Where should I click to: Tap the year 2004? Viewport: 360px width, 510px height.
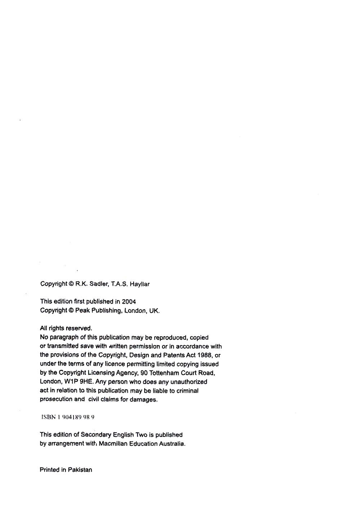pos(129,302)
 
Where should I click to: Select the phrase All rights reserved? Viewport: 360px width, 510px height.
pos(66,328)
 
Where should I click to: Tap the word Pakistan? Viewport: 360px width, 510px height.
pos(80,470)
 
